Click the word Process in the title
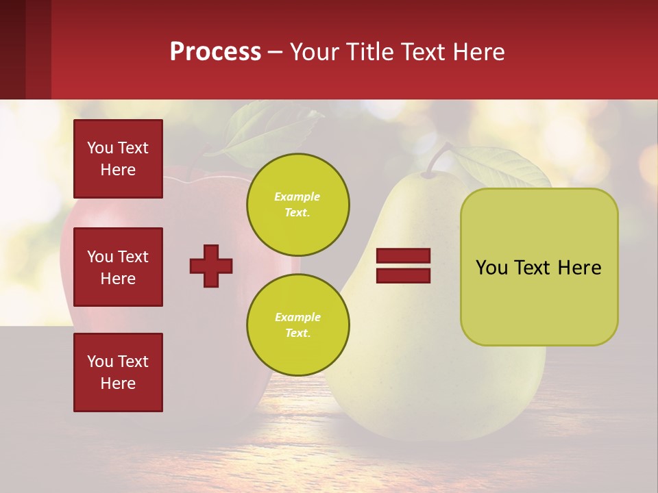(x=215, y=51)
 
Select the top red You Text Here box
(x=118, y=159)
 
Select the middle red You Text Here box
(x=118, y=267)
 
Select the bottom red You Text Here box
(x=118, y=372)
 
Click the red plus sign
(x=211, y=266)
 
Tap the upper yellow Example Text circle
(x=297, y=204)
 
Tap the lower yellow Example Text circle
(x=297, y=325)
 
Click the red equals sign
(x=403, y=266)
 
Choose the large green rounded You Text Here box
(x=539, y=267)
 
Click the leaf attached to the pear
(x=500, y=168)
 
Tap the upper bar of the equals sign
(x=403, y=256)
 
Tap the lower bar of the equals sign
(x=403, y=275)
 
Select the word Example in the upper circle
(x=297, y=197)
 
